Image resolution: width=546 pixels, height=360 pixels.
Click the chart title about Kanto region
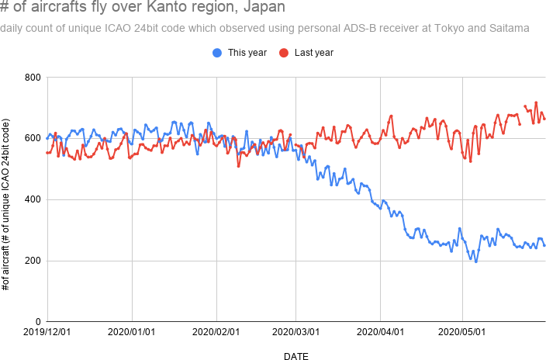[142, 9]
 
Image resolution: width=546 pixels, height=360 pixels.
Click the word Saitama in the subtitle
[509, 29]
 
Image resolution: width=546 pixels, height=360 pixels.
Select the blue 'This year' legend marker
[218, 52]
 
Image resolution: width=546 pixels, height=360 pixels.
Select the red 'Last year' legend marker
[284, 52]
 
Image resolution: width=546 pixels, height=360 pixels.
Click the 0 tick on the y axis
[37, 321]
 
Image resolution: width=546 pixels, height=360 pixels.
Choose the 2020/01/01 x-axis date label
[132, 332]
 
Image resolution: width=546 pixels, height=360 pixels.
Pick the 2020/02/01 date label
[216, 332]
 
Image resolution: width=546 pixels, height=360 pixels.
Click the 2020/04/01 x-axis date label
[379, 332]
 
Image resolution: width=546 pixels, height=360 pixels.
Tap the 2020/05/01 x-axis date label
[461, 332]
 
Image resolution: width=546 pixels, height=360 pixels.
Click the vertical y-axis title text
[7, 205]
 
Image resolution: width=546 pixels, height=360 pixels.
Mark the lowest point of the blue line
[475, 262]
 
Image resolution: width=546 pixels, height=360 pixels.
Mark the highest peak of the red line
[535, 102]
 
